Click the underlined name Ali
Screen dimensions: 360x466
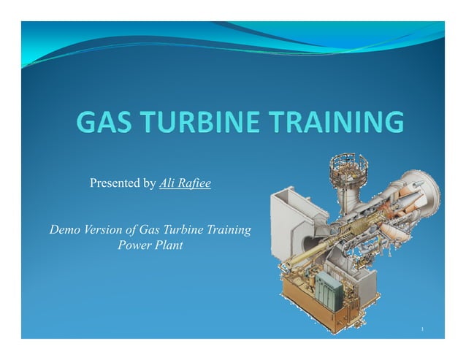167,183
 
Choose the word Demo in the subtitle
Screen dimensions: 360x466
65,230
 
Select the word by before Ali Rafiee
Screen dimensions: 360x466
150,183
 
